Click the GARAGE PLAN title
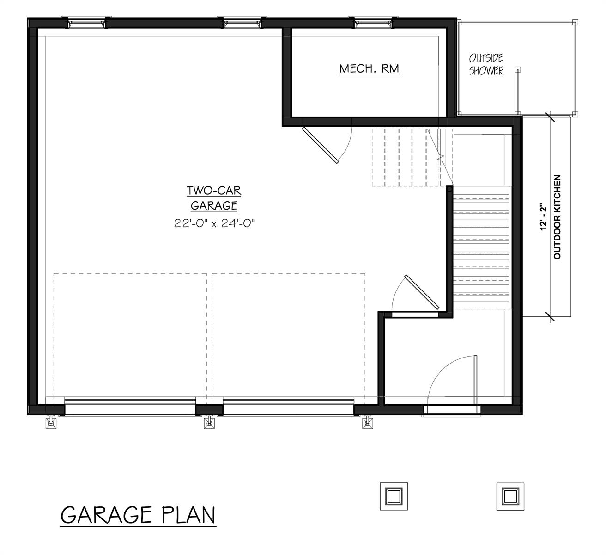coord(138,515)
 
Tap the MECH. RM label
coord(369,69)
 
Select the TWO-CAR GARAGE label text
coord(214,197)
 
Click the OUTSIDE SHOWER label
coord(486,64)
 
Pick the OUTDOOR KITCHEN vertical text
coord(557,216)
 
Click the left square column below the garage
coord(394,496)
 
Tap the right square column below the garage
coord(510,496)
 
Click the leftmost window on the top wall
coord(87,22)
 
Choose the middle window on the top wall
coord(242,22)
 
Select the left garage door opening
coord(130,407)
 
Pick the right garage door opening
coord(289,407)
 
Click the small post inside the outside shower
coord(518,70)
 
